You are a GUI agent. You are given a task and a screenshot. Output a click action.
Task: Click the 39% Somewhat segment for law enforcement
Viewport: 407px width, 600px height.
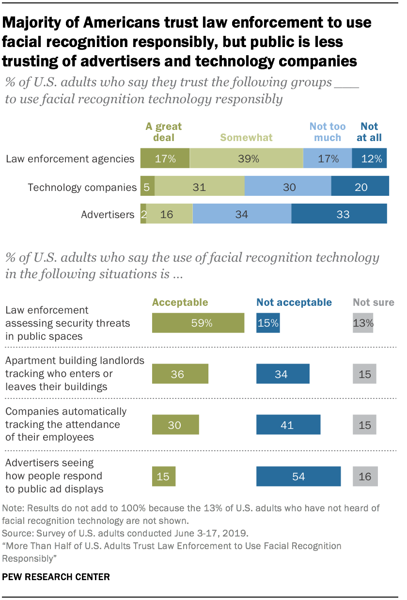coord(246,158)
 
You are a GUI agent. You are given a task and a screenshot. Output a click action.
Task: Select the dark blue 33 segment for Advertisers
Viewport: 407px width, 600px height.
coord(339,214)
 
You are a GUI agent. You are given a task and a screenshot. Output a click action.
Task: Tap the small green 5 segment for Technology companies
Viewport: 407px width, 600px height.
coord(147,187)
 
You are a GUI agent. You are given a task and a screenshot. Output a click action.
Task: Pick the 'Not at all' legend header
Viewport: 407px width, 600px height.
coord(369,132)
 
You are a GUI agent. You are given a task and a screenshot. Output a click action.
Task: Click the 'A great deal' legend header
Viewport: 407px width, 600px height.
coord(164,132)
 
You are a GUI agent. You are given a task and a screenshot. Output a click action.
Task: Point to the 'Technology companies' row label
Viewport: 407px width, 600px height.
coord(82,187)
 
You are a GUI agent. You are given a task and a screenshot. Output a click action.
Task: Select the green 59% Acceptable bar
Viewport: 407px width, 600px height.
coord(198,323)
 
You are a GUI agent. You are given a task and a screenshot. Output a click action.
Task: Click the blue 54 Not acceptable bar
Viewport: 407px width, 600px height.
coord(298,476)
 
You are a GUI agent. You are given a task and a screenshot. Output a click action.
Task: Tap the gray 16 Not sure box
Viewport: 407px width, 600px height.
coord(365,476)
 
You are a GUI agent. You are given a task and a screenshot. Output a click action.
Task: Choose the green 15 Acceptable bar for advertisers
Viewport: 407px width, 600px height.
coord(163,476)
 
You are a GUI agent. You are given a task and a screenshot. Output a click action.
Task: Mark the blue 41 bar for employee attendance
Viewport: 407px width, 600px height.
coord(288,425)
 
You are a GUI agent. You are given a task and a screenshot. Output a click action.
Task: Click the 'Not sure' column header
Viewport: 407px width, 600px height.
coord(373,302)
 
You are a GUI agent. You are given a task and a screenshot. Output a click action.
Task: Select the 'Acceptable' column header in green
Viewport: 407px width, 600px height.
coord(180,302)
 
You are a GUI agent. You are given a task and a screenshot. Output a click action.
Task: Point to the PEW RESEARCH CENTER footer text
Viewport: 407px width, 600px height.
coord(56,577)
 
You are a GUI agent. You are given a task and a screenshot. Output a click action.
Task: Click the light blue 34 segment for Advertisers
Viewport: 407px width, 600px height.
coord(242,214)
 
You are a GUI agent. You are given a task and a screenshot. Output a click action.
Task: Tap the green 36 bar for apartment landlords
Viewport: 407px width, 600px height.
coord(180,374)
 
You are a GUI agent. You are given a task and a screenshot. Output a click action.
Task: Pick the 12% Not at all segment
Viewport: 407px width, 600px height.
coord(369,158)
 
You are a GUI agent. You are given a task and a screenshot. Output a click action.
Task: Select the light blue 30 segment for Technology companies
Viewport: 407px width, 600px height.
coord(288,187)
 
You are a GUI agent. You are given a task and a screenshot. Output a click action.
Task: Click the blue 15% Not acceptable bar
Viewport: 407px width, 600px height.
coord(268,323)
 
